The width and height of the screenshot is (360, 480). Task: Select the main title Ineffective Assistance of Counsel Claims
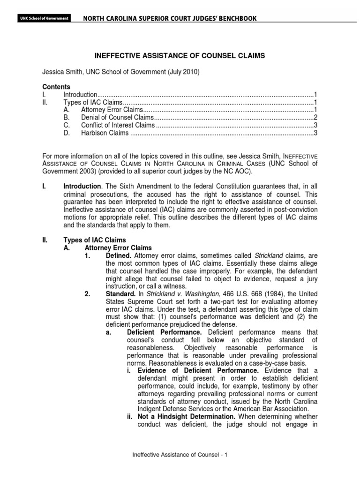(180, 56)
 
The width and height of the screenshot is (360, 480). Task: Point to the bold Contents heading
(56, 87)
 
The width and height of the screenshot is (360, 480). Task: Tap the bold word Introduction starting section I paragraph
(82, 186)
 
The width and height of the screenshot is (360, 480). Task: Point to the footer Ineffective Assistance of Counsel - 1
(180, 454)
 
